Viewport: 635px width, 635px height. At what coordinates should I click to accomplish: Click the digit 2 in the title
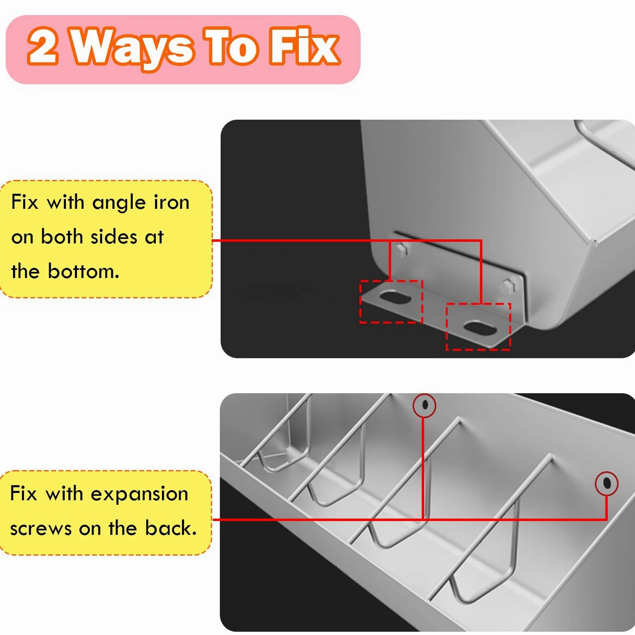(x=43, y=46)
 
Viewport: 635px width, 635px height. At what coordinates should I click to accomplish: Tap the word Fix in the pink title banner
(x=304, y=46)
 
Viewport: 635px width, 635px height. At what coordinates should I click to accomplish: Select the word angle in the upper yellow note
(x=118, y=203)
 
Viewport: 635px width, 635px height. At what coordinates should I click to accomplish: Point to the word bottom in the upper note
(x=83, y=271)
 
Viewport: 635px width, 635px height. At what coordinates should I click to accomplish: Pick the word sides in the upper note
(x=114, y=236)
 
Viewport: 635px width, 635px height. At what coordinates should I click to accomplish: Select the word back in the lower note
(x=171, y=528)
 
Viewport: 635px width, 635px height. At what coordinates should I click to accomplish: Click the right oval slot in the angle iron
(x=479, y=326)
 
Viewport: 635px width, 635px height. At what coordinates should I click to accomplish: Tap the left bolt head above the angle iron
(x=401, y=250)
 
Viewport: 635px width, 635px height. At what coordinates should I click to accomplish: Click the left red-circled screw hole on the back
(x=425, y=405)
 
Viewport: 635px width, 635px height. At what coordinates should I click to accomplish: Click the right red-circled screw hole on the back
(x=607, y=483)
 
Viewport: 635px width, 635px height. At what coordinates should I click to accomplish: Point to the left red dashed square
(x=360, y=302)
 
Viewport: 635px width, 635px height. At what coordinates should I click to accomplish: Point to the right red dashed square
(x=447, y=326)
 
